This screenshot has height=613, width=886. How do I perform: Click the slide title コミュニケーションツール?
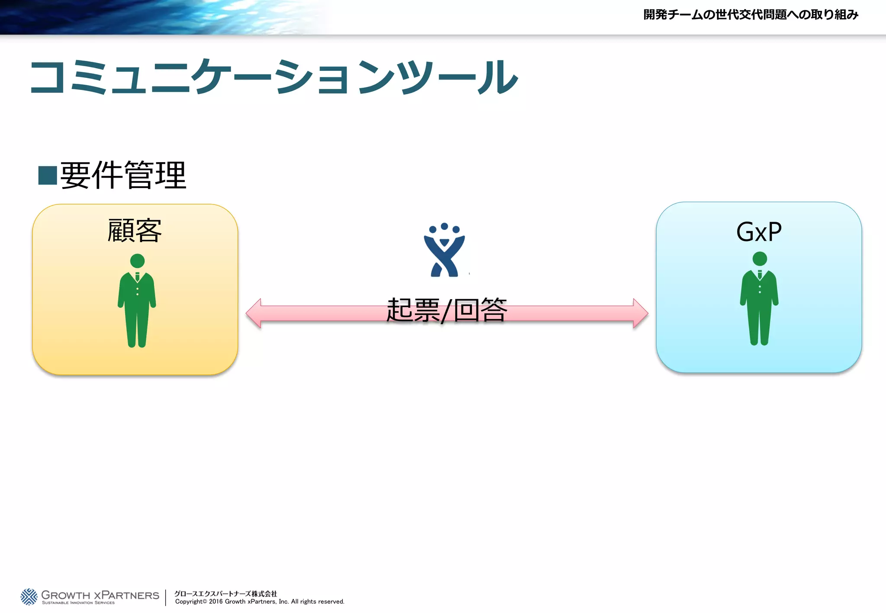pyautogui.click(x=273, y=77)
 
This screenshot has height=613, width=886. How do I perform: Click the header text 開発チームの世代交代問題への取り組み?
pyautogui.click(x=751, y=15)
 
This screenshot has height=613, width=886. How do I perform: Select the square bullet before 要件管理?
pyautogui.click(x=48, y=176)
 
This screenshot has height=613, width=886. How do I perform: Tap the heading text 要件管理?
pyautogui.click(x=123, y=175)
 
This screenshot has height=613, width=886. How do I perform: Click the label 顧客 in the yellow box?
pyautogui.click(x=135, y=231)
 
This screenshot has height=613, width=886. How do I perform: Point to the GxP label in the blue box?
pyautogui.click(x=759, y=232)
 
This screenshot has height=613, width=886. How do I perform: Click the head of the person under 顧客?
pyautogui.click(x=137, y=261)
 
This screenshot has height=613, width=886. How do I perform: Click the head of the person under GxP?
pyautogui.click(x=760, y=259)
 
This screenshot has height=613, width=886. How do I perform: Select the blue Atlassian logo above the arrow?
pyautogui.click(x=444, y=251)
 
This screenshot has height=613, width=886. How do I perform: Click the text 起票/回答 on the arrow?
pyautogui.click(x=446, y=310)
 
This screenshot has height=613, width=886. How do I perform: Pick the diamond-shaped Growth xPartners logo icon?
pyautogui.click(x=29, y=597)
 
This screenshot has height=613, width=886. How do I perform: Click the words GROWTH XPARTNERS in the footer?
pyautogui.click(x=100, y=595)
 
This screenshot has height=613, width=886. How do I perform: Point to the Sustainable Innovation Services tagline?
pyautogui.click(x=78, y=603)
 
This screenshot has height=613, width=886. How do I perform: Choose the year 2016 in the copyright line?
pyautogui.click(x=216, y=602)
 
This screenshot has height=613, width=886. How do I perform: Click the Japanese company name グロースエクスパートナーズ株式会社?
pyautogui.click(x=225, y=594)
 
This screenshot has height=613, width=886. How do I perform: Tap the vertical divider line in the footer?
pyautogui.click(x=166, y=597)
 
